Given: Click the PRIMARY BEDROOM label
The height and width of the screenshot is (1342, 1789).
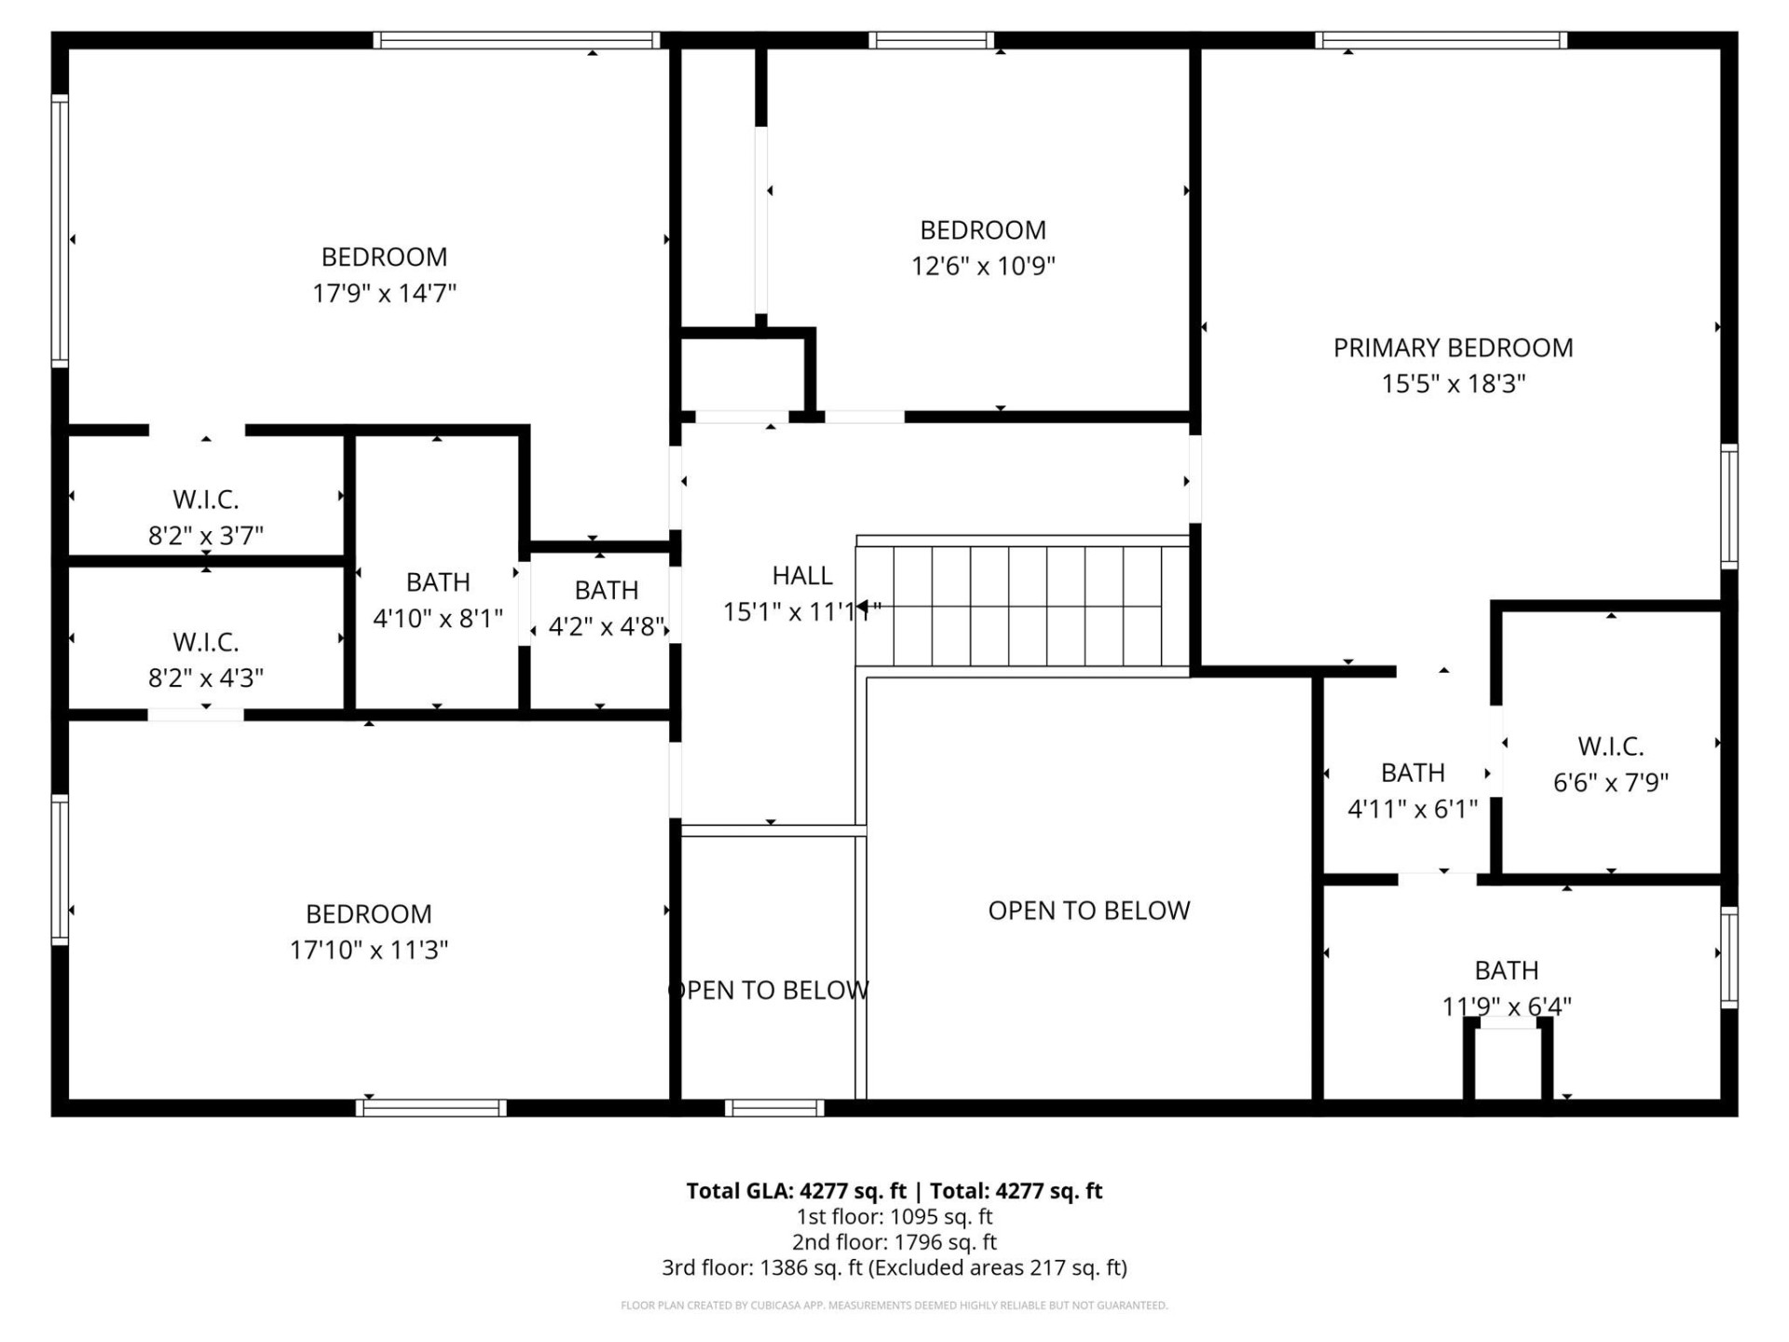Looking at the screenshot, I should coord(1453,348).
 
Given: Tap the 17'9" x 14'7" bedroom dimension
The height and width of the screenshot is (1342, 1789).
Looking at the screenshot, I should coord(384,294).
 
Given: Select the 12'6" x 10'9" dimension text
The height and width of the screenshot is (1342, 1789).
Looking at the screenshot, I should coord(983,267).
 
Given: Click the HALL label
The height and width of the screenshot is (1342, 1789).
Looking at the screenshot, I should coord(802,576).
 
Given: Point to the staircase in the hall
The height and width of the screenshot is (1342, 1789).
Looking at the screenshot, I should coord(1025,606).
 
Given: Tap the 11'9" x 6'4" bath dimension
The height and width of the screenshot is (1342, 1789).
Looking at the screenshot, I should coord(1507,1006).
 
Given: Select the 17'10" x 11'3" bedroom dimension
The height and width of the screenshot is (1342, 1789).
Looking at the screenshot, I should coord(369,950).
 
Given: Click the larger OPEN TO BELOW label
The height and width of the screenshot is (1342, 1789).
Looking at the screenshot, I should coord(1088,911).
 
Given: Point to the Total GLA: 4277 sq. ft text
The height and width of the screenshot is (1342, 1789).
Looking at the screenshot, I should coord(796,1191).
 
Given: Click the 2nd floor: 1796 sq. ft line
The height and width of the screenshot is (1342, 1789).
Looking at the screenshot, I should coord(894,1242).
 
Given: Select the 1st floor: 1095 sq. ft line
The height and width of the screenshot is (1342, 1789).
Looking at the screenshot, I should coord(894,1217).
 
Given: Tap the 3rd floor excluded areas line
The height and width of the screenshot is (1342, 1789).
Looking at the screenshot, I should coord(894,1267).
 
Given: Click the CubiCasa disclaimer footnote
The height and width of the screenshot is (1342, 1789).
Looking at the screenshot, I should coord(894,1306).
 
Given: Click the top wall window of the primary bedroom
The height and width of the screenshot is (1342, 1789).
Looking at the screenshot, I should coord(1441,40).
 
